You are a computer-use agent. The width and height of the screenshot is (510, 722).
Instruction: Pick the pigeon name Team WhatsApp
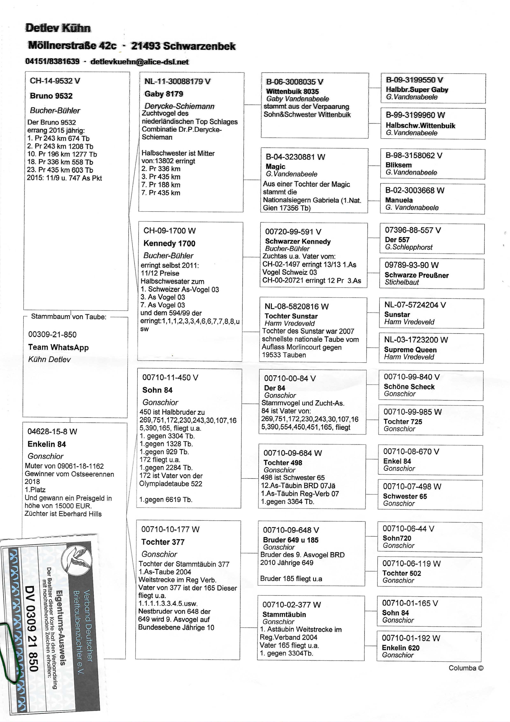(x=58, y=347)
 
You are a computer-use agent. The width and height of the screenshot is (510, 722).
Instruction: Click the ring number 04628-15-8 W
(x=52, y=431)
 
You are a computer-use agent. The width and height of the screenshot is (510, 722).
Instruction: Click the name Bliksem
(x=399, y=165)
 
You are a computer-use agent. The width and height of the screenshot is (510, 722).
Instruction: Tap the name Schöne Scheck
(x=409, y=387)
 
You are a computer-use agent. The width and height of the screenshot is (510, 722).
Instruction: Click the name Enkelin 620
(x=400, y=647)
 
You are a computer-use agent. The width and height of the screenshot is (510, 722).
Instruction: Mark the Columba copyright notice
(x=466, y=668)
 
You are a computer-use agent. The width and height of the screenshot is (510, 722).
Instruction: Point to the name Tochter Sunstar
(x=291, y=316)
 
